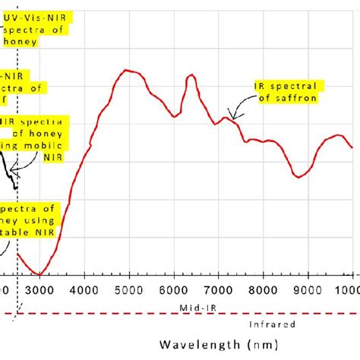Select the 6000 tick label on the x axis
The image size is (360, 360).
pos(173,289)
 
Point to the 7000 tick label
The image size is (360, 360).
pos(218,289)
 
